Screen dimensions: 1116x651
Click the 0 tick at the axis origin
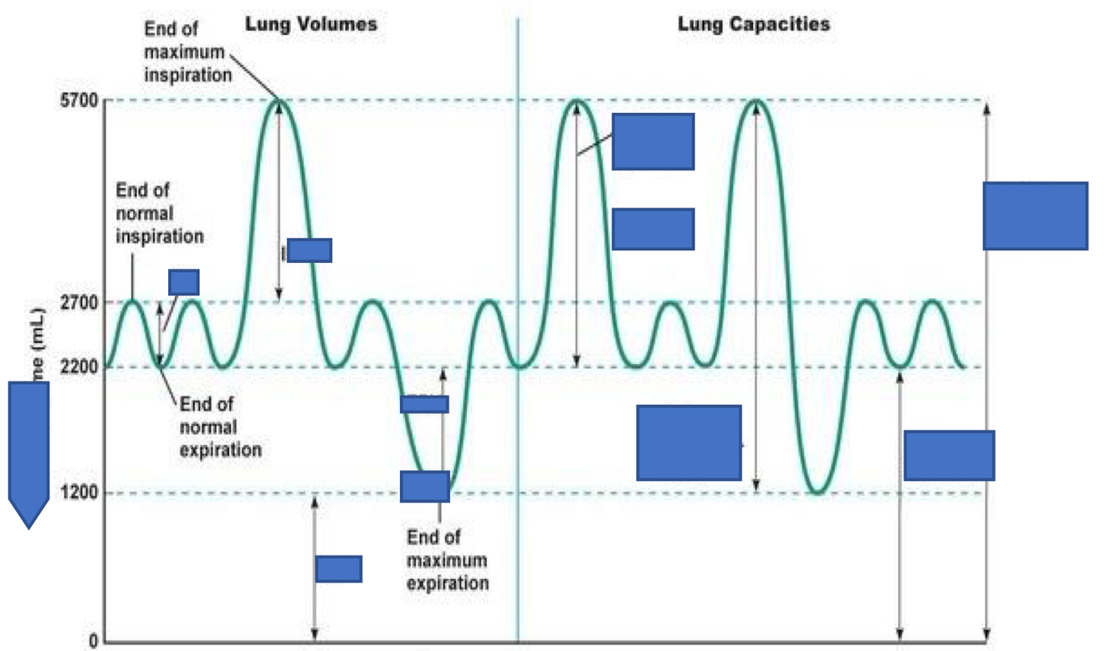93,643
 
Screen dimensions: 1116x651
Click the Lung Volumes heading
310,23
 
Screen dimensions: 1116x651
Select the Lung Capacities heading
753,23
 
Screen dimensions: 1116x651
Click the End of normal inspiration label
159,213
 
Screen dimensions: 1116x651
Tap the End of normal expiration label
220,427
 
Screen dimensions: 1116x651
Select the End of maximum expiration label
447,560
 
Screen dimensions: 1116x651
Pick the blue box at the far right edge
1035,216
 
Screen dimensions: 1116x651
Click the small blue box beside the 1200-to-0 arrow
338,569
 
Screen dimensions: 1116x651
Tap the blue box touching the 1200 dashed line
424,486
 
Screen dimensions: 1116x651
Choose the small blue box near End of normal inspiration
183,282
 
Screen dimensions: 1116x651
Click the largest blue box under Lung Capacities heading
689,443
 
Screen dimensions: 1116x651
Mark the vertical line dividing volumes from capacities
518,335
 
